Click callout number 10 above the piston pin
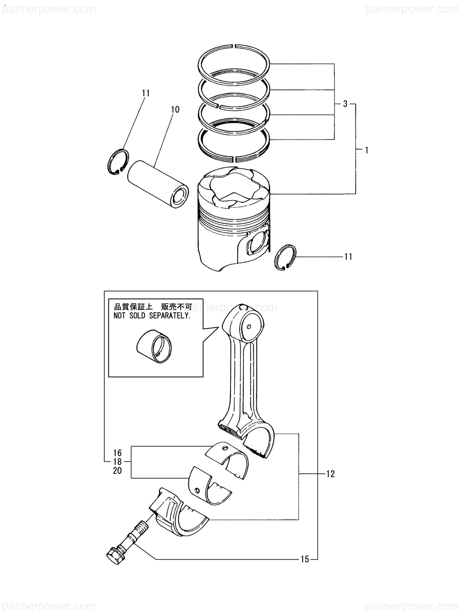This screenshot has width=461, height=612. (175, 110)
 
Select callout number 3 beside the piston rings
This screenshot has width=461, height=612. (345, 104)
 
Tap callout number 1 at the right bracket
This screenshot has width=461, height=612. (366, 150)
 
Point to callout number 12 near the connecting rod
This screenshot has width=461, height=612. (330, 474)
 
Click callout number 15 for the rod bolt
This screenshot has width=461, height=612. (305, 559)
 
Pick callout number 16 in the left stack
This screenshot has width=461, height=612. (118, 453)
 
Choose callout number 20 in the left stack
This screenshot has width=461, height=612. (118, 471)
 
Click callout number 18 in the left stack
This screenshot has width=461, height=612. (118, 462)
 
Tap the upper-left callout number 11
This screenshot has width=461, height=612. (146, 93)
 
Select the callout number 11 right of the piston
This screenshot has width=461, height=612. (348, 257)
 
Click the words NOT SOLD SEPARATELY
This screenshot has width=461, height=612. (152, 316)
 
